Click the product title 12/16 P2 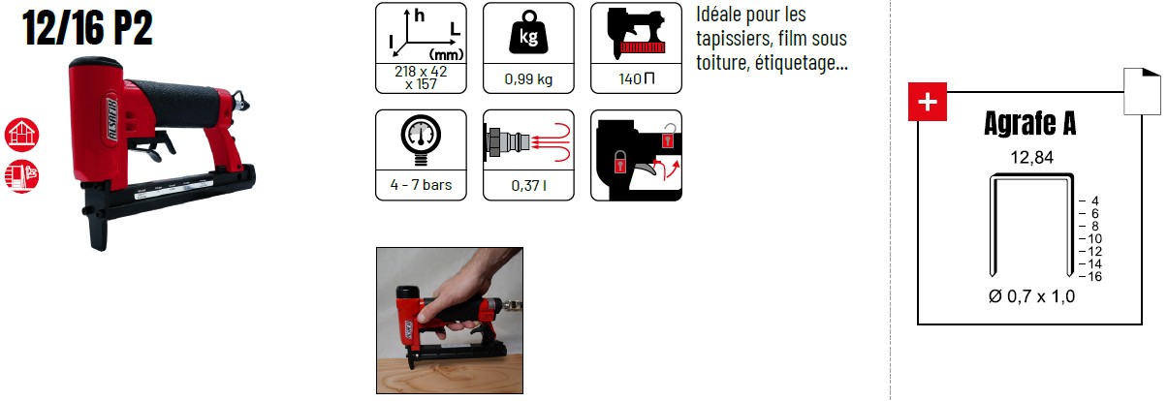click(x=87, y=28)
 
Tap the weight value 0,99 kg click(x=528, y=79)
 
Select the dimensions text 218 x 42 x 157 click(x=421, y=77)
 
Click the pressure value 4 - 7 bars click(x=421, y=185)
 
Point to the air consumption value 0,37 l click(x=528, y=185)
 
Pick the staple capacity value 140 click(x=630, y=79)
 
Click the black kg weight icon click(x=528, y=33)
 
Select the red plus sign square click(x=927, y=102)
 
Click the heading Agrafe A click(x=1029, y=123)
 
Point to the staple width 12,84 click(x=1032, y=157)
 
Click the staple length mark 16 click(x=1094, y=276)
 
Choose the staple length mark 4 click(x=1095, y=201)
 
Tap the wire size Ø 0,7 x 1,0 click(x=1031, y=296)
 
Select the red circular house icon click(x=22, y=135)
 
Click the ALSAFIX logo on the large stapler click(x=112, y=118)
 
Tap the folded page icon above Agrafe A click(x=1142, y=91)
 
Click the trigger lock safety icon click(x=636, y=155)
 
